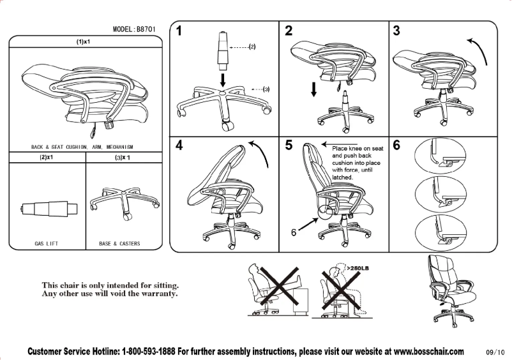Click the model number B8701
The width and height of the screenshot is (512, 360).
[146, 29]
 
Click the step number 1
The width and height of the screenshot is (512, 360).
[181, 30]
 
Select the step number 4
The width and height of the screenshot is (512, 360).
[181, 145]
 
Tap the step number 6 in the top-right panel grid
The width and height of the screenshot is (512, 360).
[397, 145]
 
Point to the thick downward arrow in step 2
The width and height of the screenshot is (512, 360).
[313, 89]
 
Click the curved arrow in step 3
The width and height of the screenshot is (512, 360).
[479, 50]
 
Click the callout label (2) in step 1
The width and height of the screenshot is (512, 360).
[252, 47]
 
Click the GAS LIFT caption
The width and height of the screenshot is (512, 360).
[47, 243]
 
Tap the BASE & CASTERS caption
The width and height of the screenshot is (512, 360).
[119, 243]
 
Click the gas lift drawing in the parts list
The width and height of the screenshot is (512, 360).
[47, 208]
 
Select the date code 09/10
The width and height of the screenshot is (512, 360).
[495, 352]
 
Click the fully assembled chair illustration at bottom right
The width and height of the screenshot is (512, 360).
[446, 287]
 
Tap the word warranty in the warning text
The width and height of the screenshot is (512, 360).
[157, 294]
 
